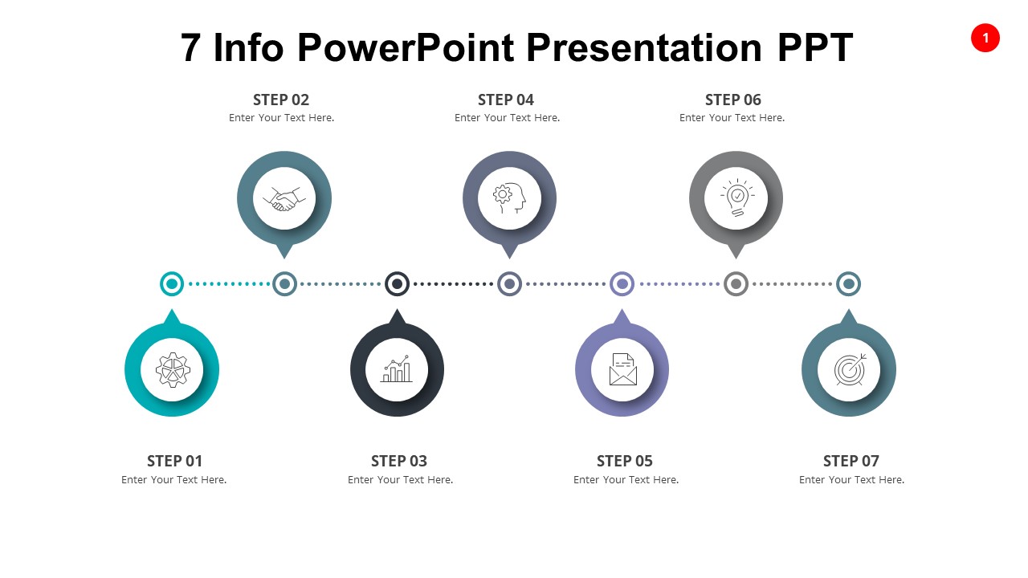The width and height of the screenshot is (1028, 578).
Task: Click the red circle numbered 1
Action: pyautogui.click(x=985, y=38)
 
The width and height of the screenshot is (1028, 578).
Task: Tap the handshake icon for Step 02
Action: pyautogui.click(x=284, y=198)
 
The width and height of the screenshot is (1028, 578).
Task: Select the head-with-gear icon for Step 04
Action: pyautogui.click(x=509, y=198)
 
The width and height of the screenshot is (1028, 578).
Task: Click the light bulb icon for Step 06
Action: pyautogui.click(x=736, y=198)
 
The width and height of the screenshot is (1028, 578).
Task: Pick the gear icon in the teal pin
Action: pyautogui.click(x=172, y=370)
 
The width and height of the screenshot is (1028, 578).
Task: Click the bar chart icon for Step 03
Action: pyautogui.click(x=397, y=370)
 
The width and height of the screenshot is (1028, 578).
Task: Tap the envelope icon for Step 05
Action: pyautogui.click(x=622, y=370)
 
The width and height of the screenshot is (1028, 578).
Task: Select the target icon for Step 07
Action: pyautogui.click(x=849, y=370)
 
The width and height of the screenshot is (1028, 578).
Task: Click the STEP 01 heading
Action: pyautogui.click(x=174, y=461)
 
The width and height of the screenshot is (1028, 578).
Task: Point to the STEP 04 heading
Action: pyautogui.click(x=506, y=100)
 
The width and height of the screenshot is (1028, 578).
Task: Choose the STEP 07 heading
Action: pyautogui.click(x=851, y=461)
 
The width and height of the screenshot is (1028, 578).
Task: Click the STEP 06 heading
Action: pyautogui.click(x=732, y=100)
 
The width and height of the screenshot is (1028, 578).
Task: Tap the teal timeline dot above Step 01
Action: pyautogui.click(x=172, y=283)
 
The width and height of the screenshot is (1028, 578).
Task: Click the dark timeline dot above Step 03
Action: pyautogui.click(x=397, y=283)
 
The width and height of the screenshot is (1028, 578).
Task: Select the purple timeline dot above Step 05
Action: pyautogui.click(x=622, y=283)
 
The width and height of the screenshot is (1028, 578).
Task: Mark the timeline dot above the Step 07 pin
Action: pyautogui.click(x=849, y=283)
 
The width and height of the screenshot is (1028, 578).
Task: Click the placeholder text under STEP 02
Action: pyautogui.click(x=281, y=118)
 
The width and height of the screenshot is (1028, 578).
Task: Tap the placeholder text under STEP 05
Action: pyautogui.click(x=626, y=480)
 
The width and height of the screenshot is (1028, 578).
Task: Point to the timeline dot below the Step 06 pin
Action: pyautogui.click(x=736, y=283)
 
